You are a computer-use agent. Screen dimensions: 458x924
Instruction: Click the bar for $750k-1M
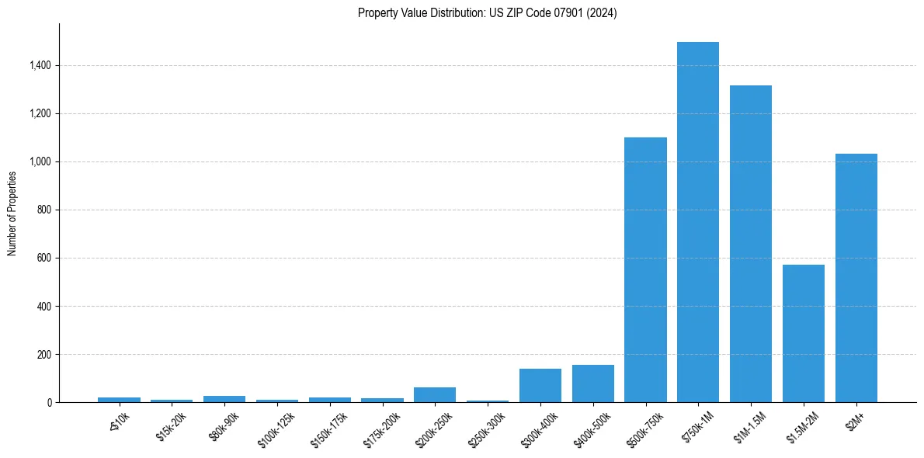tap(698, 222)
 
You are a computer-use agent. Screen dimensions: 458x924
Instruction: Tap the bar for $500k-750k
tap(645, 270)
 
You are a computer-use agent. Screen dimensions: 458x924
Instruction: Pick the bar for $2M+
tap(856, 278)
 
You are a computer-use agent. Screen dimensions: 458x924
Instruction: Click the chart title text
tap(487, 13)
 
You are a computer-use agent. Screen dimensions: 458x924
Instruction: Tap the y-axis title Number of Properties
tap(12, 213)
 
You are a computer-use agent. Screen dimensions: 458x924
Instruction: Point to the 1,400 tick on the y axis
tap(40, 66)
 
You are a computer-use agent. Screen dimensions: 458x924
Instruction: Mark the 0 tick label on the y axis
tap(49, 403)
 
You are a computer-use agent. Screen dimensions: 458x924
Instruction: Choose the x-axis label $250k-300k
tap(485, 428)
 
